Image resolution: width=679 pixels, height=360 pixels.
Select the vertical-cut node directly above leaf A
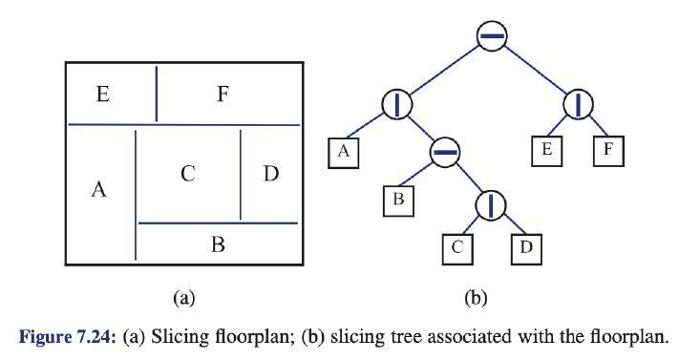[396, 104]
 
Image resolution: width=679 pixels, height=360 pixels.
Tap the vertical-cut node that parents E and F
[579, 104]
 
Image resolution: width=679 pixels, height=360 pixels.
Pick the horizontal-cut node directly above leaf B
[444, 151]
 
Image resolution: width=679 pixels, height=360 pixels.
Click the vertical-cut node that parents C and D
[491, 203]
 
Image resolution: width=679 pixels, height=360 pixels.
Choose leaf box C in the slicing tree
[456, 249]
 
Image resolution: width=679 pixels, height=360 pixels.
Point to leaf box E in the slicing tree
[547, 152]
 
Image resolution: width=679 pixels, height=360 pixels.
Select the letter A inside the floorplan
[97, 190]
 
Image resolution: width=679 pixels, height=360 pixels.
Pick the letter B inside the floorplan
[217, 245]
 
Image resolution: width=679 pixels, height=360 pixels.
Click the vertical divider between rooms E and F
[157, 93]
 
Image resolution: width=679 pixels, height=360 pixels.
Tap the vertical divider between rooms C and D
[240, 175]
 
